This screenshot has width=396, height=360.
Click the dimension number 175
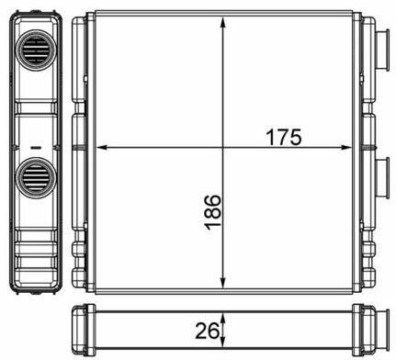[x=284, y=137]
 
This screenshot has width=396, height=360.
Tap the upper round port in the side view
[x=36, y=49]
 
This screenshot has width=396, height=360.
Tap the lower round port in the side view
[x=36, y=177]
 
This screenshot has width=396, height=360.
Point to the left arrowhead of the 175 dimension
[x=101, y=148]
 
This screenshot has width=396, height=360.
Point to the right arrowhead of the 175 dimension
[x=346, y=148]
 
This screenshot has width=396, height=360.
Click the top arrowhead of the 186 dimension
[x=223, y=22]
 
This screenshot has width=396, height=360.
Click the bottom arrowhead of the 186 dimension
[x=223, y=283]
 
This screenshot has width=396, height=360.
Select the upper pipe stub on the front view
[x=382, y=51]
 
